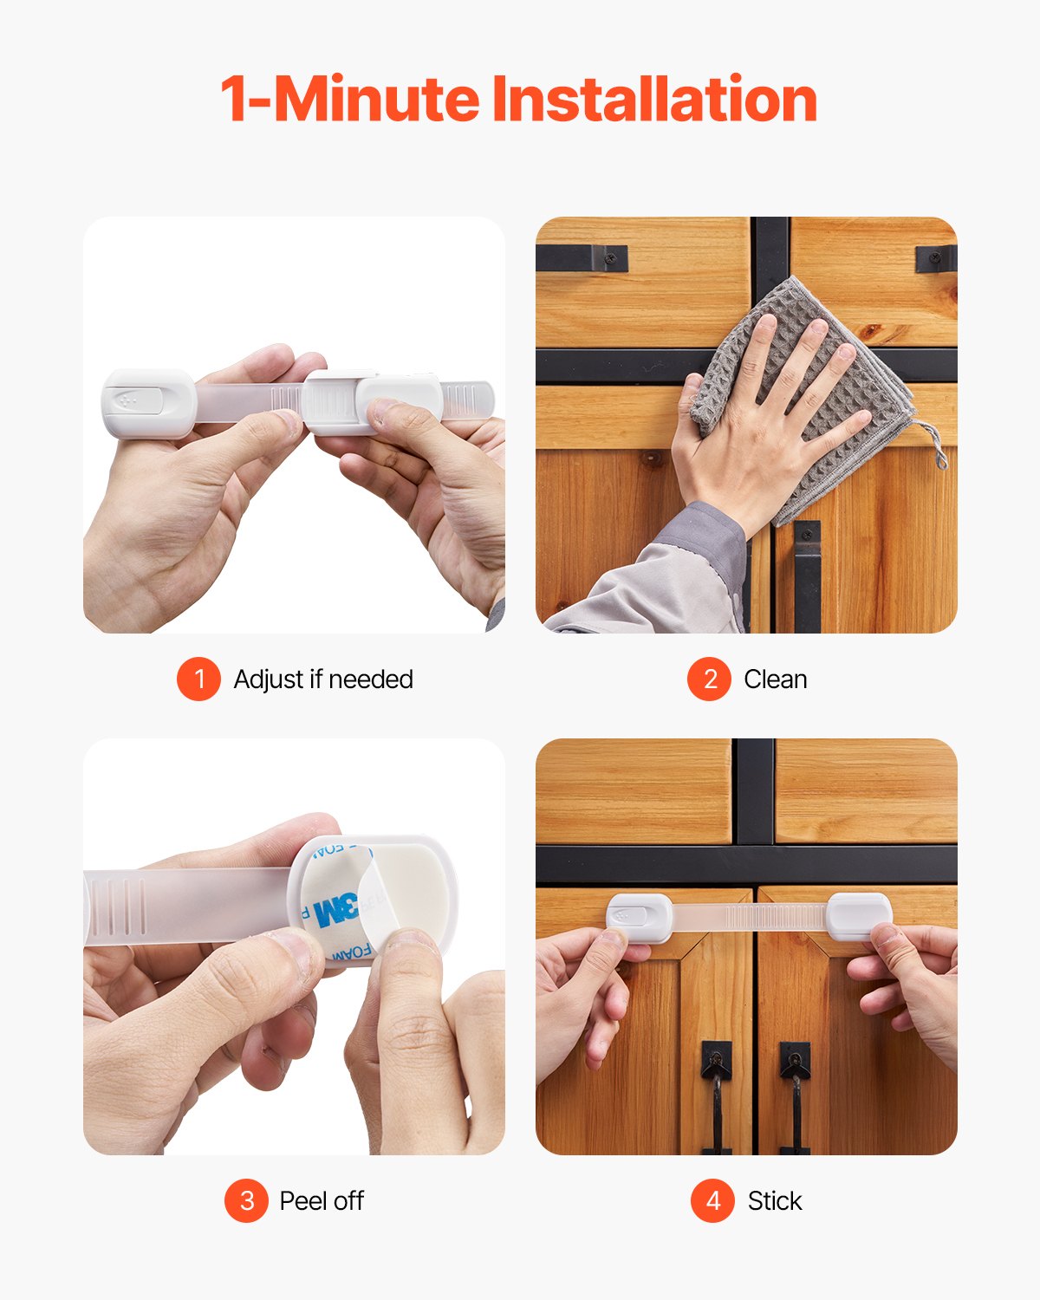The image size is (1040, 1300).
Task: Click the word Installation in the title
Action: coord(654,100)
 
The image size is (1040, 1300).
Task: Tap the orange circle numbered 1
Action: coord(198,679)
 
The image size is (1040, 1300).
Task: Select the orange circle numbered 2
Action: coord(709,679)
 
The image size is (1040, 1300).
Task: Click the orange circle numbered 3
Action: coord(246,1200)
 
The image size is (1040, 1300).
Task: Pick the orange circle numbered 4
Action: coord(712,1200)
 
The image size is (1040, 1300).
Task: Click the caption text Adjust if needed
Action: coord(323,679)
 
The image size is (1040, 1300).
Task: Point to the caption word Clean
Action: coord(775,679)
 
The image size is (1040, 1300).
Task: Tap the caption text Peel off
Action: coord(322,1201)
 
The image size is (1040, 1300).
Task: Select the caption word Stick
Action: coord(774,1201)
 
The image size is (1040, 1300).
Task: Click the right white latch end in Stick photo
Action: coord(858,916)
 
